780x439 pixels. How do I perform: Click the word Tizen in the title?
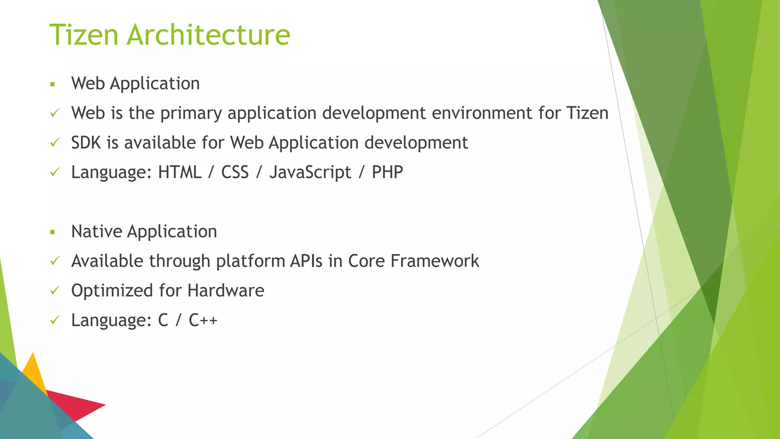point(84,35)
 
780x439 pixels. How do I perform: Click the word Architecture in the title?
point(208,35)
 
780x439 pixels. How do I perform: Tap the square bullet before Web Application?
point(53,84)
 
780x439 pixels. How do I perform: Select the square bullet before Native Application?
point(53,232)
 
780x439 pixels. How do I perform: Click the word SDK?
point(86,143)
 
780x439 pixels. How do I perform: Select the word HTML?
point(179,172)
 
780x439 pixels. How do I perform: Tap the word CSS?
point(235,172)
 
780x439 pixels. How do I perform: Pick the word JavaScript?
point(310,173)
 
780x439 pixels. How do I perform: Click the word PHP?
point(387,172)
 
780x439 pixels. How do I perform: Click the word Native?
point(96,231)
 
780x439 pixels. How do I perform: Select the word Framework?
point(435,261)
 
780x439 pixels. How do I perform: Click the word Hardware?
point(225,291)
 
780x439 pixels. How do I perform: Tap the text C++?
point(203,320)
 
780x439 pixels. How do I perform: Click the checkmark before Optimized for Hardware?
point(55,291)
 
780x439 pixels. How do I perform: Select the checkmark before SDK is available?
point(55,143)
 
